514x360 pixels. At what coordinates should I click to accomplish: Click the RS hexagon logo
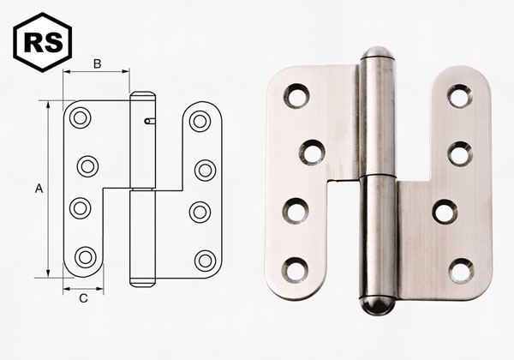(x=42, y=42)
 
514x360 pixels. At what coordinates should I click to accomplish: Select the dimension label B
(x=97, y=63)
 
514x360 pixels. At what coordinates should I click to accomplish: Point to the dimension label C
(x=83, y=298)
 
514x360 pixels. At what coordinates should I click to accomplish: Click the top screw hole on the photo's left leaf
(x=297, y=96)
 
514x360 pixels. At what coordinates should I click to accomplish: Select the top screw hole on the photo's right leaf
(x=460, y=96)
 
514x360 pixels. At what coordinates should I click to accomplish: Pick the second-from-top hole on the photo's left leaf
(x=312, y=153)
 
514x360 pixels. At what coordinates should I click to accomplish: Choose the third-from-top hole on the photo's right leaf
(x=445, y=211)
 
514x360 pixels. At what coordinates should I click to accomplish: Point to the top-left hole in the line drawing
(x=81, y=118)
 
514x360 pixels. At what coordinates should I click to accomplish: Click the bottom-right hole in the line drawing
(x=205, y=260)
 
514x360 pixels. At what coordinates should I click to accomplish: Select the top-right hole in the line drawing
(x=200, y=120)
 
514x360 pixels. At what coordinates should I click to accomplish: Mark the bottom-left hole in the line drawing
(x=85, y=256)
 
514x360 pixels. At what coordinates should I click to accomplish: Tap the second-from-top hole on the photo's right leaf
(x=460, y=153)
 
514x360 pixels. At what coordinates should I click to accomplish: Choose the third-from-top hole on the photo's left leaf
(x=296, y=210)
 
